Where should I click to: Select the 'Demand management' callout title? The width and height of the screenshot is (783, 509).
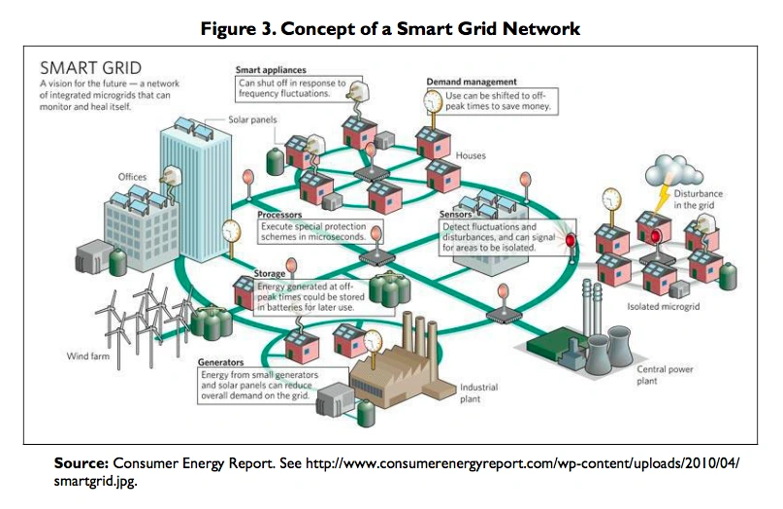(x=472, y=82)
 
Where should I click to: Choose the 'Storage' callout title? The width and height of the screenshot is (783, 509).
(x=270, y=275)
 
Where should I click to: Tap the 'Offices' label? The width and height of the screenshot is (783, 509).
(x=132, y=177)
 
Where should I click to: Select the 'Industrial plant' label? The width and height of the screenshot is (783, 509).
(x=478, y=392)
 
